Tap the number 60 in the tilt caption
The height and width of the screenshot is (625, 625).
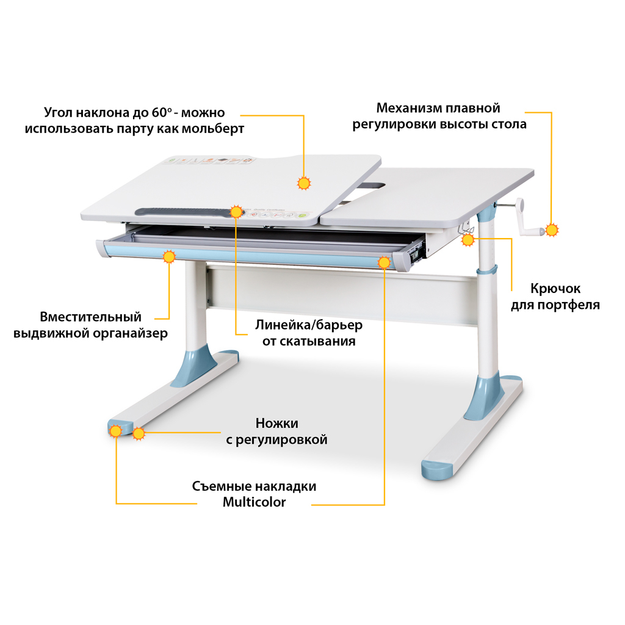(x=159, y=112)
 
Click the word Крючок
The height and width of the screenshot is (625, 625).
(x=555, y=288)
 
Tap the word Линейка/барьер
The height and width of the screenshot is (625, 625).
(x=309, y=325)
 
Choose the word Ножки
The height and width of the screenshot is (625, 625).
(x=276, y=423)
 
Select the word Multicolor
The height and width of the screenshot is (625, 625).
(x=254, y=502)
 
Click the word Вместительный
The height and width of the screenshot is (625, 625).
(x=90, y=317)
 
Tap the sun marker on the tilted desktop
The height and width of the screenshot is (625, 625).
(x=304, y=183)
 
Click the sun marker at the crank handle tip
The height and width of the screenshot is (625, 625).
(x=552, y=230)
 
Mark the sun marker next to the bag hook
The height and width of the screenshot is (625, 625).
(x=468, y=239)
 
